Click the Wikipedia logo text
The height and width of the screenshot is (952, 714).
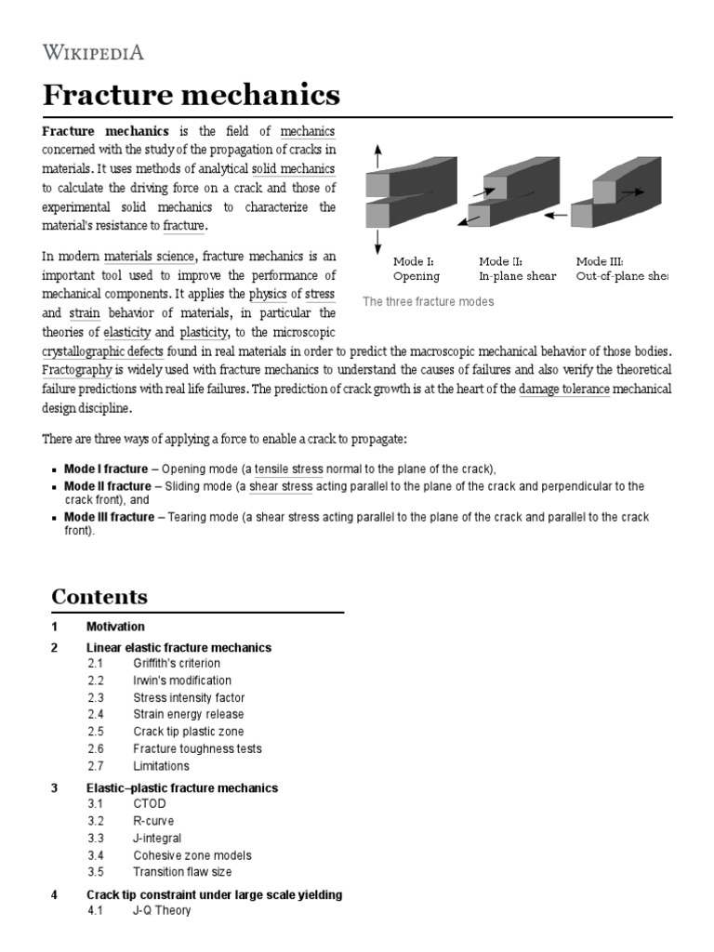coord(93,51)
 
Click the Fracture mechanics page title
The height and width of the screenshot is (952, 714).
coord(192,95)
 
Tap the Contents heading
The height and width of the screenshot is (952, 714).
coord(99,596)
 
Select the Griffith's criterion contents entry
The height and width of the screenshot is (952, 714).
coord(177,663)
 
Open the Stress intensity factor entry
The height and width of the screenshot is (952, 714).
coord(189,697)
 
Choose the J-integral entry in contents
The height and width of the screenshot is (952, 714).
coord(157,838)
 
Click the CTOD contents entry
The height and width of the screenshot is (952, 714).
coord(150,804)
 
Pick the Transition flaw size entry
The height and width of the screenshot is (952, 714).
coord(182,872)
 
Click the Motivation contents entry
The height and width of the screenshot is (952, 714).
coord(115,627)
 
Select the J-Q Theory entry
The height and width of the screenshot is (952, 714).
coord(162,910)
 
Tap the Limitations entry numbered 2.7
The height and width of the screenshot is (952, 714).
coord(161,766)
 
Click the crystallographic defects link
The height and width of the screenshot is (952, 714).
coord(103,352)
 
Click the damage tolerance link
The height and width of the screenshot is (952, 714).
coord(563,389)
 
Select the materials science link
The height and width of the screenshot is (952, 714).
coord(149,256)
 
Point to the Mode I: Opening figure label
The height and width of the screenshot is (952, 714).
coord(416,269)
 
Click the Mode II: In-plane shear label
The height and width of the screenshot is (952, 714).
coord(517,269)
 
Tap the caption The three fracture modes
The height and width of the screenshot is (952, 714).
coord(428,302)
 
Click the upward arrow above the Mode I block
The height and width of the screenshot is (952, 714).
coord(377,157)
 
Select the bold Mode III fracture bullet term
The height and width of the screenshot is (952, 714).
coord(109,517)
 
